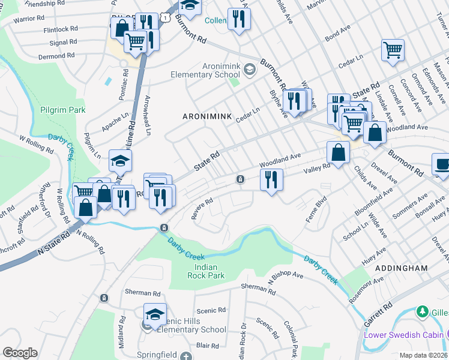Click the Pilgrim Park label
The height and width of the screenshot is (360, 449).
click(63, 110)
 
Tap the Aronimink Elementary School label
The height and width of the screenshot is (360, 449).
click(200, 70)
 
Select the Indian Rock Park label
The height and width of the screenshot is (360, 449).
click(201, 271)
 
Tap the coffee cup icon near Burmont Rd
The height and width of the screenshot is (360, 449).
click(442, 164)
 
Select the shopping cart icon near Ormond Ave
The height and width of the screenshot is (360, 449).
click(393, 50)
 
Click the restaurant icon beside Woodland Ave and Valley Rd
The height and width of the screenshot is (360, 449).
click(271, 179)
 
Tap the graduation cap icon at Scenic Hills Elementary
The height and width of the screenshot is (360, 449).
click(155, 314)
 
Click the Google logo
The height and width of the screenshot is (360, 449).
click(20, 353)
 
